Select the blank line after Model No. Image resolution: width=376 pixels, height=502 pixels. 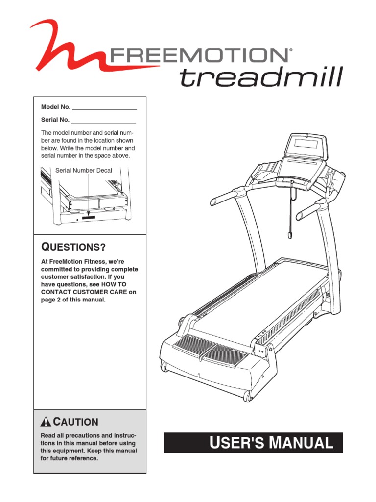(x=104, y=107)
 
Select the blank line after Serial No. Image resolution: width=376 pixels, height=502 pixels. (x=103, y=120)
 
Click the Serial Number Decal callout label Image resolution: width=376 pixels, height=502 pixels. (x=84, y=171)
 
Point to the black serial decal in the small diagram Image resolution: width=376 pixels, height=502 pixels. (x=89, y=214)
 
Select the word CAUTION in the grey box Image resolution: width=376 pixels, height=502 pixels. (x=75, y=422)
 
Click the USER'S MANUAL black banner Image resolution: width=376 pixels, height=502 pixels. (x=253, y=443)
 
